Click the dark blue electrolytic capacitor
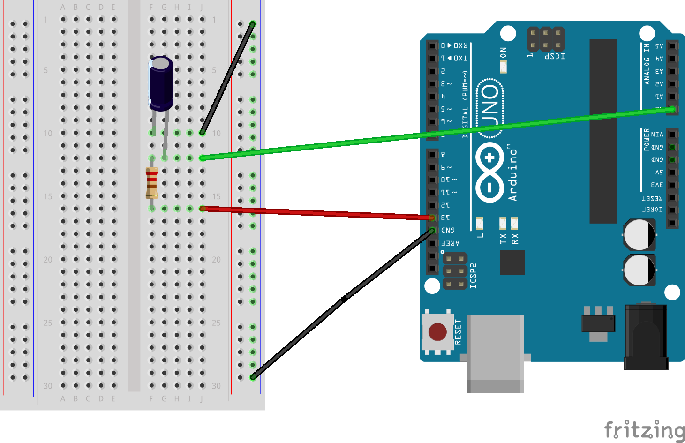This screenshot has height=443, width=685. pos(161,83)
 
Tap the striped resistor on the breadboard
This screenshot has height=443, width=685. pos(151,183)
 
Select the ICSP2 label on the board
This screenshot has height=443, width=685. pos(473,275)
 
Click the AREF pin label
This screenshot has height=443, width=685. pos(451,243)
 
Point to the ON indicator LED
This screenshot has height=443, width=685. pos(503,67)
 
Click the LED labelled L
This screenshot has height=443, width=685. pos(480,224)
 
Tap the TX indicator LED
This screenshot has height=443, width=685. pos(503,223)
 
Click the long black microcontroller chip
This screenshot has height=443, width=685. pos(603,131)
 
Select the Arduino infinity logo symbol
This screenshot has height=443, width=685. pos(489,172)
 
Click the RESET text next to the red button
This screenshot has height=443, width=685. pos(458,332)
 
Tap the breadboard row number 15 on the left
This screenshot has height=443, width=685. pos(48,196)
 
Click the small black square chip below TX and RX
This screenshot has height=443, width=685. pos(512,263)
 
